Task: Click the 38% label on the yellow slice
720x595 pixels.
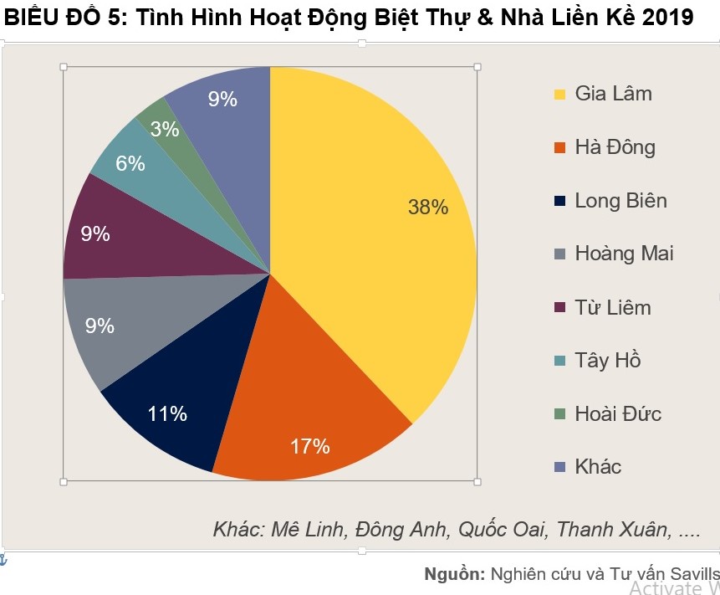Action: click(x=428, y=208)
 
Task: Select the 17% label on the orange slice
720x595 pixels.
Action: click(x=310, y=447)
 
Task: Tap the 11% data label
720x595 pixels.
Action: click(x=167, y=413)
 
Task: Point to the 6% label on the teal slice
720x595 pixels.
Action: click(x=130, y=164)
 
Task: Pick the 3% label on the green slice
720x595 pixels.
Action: click(x=165, y=130)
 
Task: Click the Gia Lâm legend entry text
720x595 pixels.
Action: click(x=613, y=94)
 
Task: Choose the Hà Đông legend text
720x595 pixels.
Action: click(x=615, y=147)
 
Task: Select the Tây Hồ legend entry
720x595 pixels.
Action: click(x=608, y=361)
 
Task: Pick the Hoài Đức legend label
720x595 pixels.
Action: click(x=618, y=414)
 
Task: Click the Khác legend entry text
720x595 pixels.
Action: click(x=598, y=467)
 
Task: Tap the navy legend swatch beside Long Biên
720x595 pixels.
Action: click(x=559, y=201)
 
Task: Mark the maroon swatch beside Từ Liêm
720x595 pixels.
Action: click(x=559, y=308)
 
